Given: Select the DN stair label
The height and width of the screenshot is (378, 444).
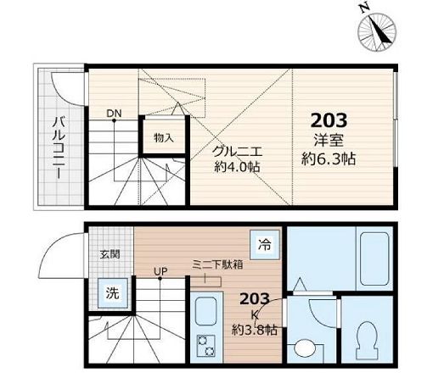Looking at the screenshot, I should [x=114, y=113].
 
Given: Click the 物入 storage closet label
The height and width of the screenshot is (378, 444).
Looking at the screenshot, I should [x=163, y=137].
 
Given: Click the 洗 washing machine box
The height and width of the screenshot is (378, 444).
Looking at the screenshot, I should [x=112, y=293].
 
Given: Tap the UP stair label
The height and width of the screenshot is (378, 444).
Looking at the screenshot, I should [x=159, y=271].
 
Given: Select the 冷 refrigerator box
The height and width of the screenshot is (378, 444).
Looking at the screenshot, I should [x=265, y=245].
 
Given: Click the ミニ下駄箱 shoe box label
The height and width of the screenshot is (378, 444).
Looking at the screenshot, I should [x=216, y=264].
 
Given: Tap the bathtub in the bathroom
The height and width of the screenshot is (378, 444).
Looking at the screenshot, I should [x=363, y=258].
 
